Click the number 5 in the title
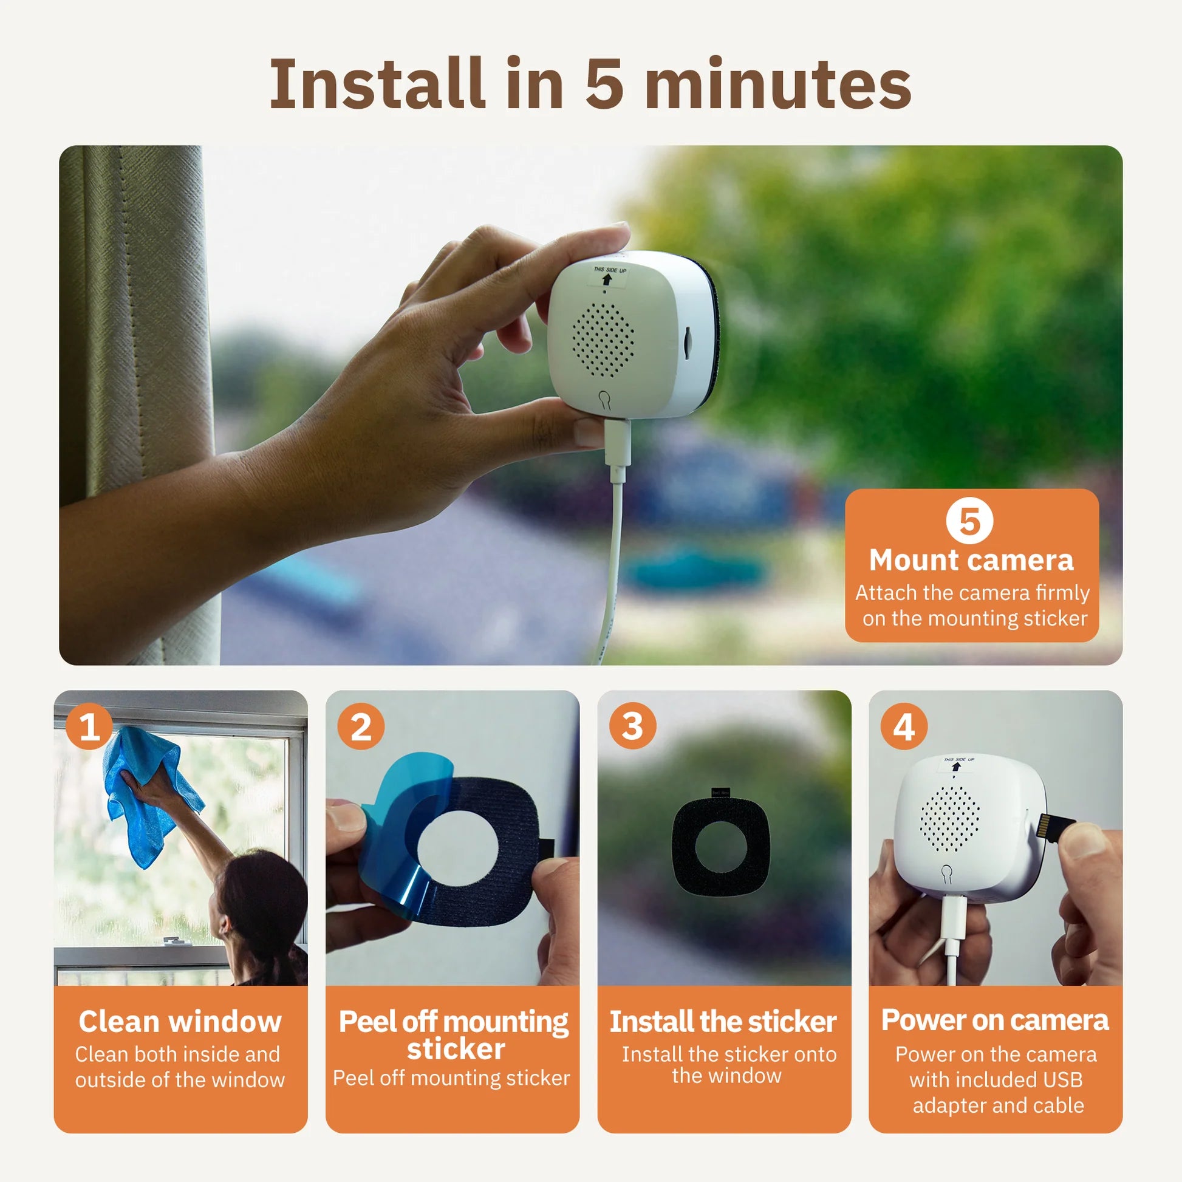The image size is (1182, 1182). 604,83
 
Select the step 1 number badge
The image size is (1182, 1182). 89,727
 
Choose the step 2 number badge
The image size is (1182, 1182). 361,727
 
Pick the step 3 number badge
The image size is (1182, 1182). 632,727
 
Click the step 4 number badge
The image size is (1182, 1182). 904,727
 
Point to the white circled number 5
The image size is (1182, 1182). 969,521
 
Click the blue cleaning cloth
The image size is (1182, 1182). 147,795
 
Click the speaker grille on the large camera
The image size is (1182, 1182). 603,340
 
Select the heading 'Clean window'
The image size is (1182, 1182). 180,1022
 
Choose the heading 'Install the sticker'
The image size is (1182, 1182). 723,1022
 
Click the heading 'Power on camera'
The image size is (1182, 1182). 995,1020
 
